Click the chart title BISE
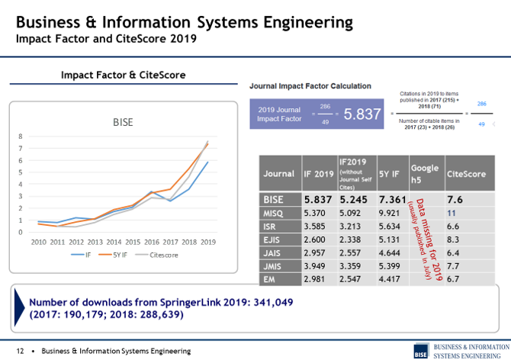(x=123, y=121)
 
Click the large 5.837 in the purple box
(x=362, y=114)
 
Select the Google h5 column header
(x=424, y=173)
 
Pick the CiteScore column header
(x=465, y=174)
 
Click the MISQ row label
(x=274, y=214)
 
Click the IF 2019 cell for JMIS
(x=316, y=267)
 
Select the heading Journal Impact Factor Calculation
(x=310, y=86)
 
